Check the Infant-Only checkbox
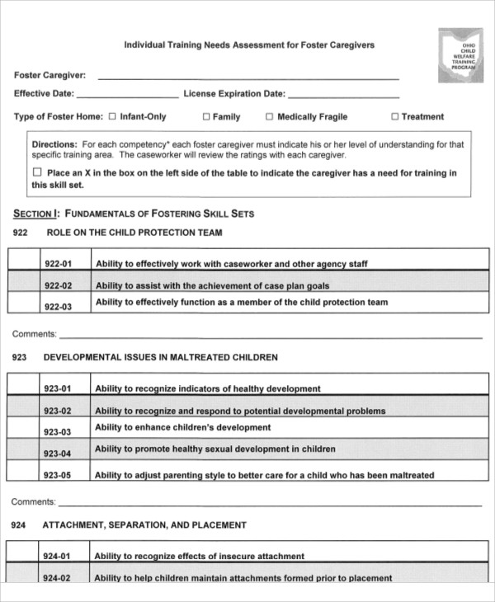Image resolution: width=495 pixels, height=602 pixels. pos(112,117)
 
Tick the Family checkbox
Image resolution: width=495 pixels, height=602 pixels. pos(206,117)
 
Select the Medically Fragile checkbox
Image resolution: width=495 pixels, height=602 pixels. pos(270,117)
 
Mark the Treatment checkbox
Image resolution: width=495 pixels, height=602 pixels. pos(394,117)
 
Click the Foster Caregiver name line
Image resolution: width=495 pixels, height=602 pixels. pos(247,77)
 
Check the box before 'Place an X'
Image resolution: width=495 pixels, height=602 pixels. pos(36,173)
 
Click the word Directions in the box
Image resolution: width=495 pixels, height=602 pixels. pos(54,144)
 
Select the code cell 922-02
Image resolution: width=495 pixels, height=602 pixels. pos(58,286)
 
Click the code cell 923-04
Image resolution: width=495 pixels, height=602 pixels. pos(58,454)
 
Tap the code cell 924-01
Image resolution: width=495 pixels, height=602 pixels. pos(58,557)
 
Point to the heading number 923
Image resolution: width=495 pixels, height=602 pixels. pos(21,358)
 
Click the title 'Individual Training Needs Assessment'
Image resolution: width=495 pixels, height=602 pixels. pos(248,45)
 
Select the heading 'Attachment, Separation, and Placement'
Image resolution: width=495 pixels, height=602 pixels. pos(144,524)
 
